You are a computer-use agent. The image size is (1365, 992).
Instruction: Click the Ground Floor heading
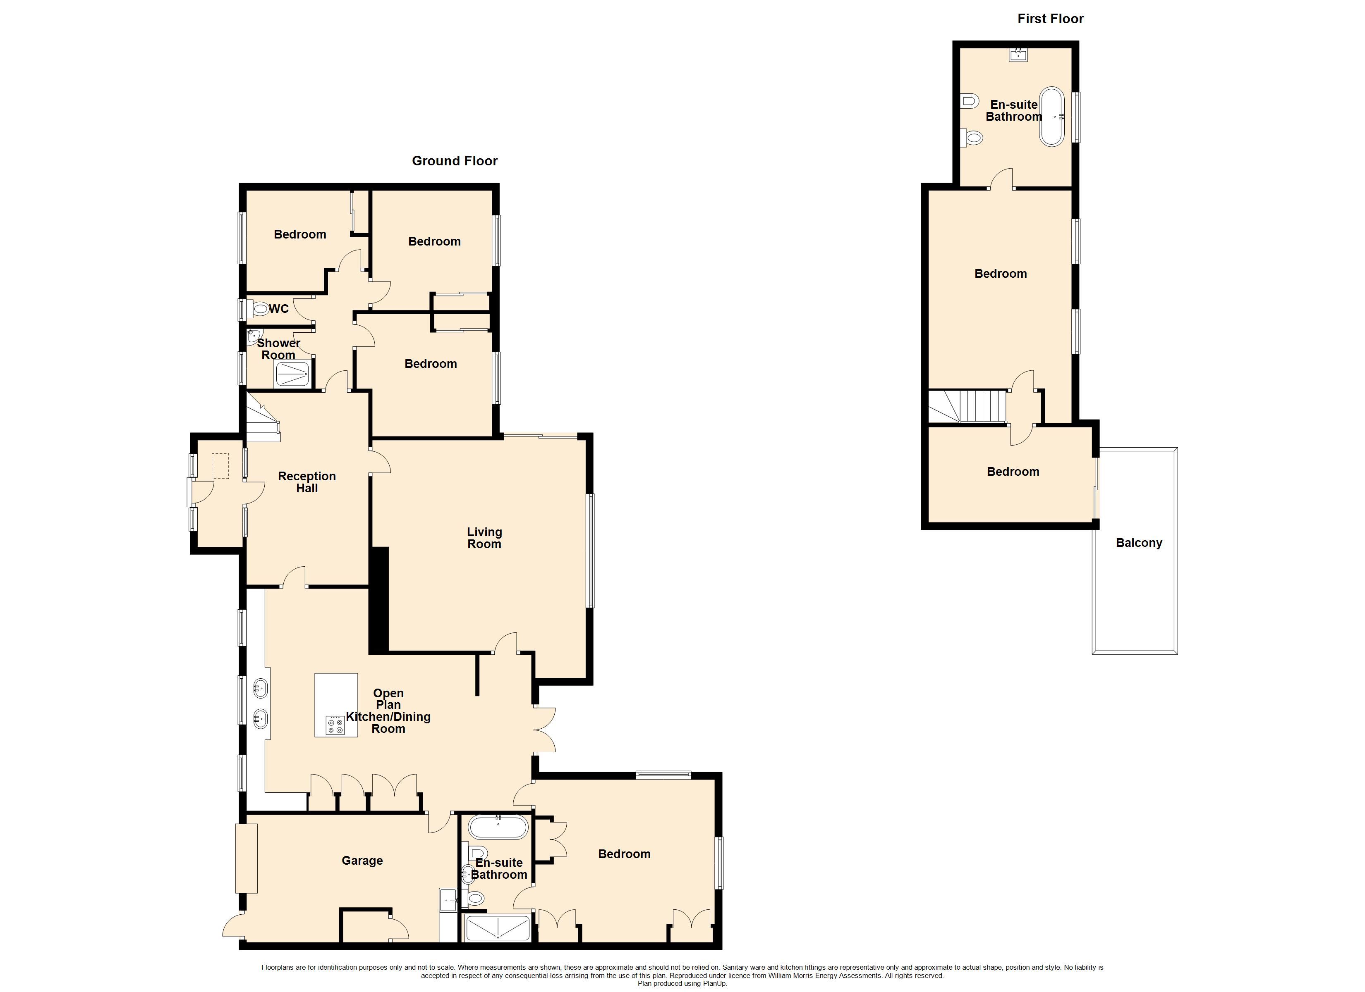pyautogui.click(x=455, y=161)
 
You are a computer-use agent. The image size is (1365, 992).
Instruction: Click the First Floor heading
pyautogui.click(x=1050, y=19)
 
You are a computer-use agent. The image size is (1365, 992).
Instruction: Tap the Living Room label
pyautogui.click(x=484, y=538)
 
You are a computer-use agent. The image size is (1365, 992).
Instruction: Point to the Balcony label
pyautogui.click(x=1139, y=543)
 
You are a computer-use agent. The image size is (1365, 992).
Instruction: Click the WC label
pyautogui.click(x=279, y=309)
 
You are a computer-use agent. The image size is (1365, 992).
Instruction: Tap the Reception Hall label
pyautogui.click(x=307, y=482)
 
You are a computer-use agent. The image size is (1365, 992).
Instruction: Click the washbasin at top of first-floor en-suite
pyautogui.click(x=1018, y=55)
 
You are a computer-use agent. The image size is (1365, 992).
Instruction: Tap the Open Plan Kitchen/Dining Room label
pyautogui.click(x=388, y=711)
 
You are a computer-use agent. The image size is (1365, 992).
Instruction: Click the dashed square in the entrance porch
pyautogui.click(x=220, y=466)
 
